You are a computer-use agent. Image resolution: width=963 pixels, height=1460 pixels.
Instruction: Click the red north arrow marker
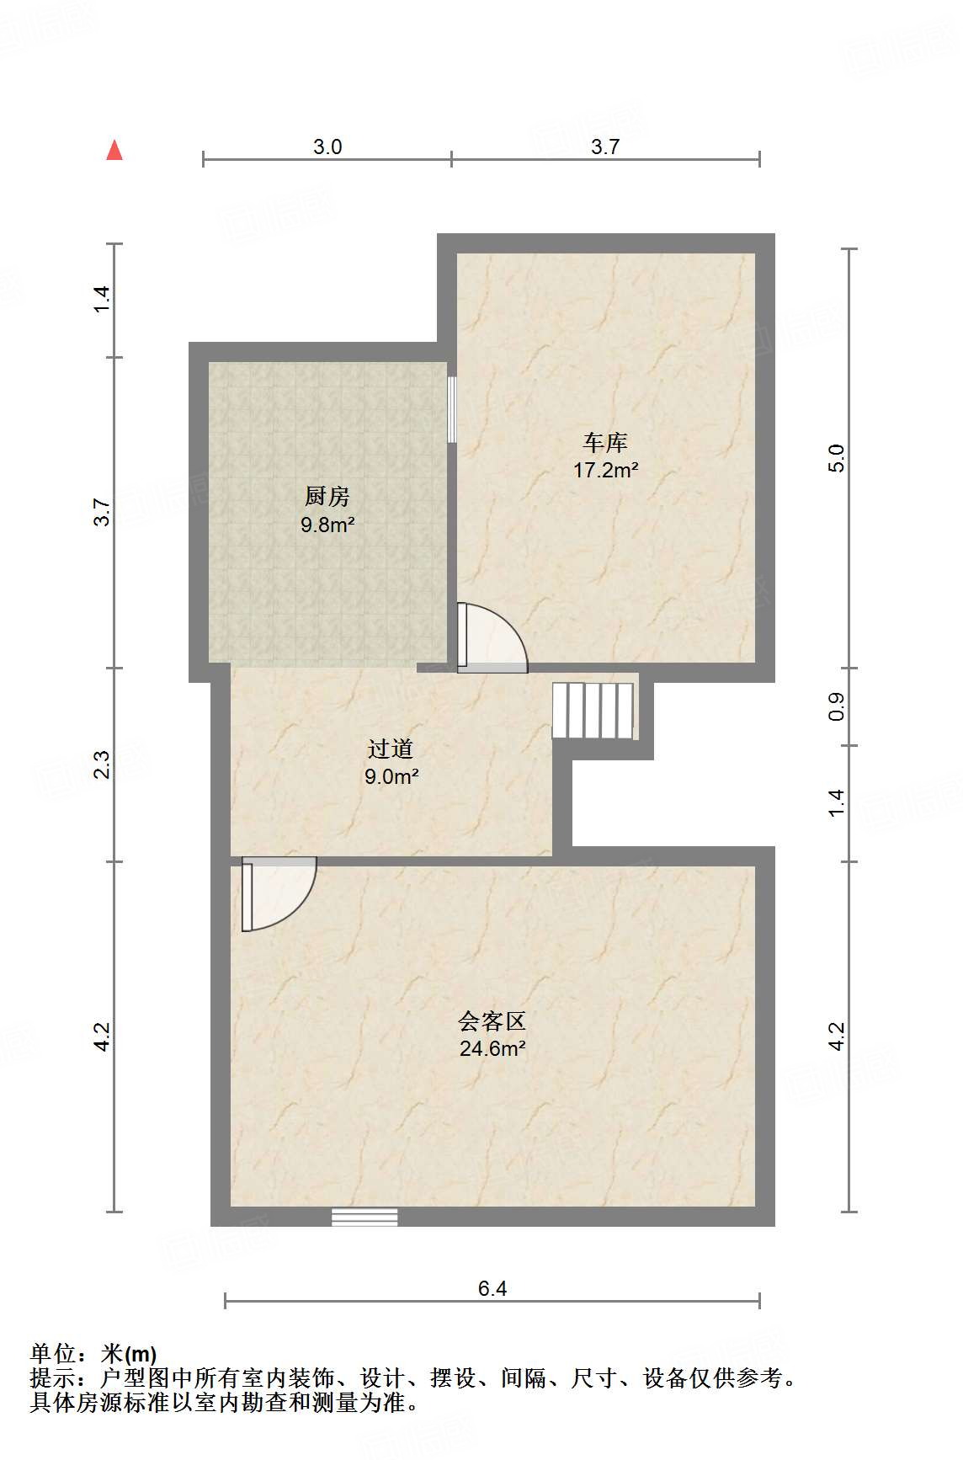click(114, 151)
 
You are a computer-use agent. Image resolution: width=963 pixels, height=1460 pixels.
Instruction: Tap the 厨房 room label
click(327, 497)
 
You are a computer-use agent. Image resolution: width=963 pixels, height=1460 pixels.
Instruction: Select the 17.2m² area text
click(605, 471)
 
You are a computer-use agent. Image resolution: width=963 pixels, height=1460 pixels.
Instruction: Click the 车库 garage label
click(606, 442)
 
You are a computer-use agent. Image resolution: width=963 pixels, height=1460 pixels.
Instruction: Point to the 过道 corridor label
click(391, 749)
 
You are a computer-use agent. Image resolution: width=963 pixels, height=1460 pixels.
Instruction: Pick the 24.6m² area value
click(492, 1049)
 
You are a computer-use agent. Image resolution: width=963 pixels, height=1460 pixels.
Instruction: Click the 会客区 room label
click(492, 1021)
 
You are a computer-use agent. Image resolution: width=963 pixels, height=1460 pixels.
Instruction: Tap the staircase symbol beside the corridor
click(593, 711)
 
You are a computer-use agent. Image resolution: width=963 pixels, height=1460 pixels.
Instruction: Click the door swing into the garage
click(492, 638)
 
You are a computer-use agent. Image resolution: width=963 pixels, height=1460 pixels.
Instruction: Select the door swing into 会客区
click(278, 893)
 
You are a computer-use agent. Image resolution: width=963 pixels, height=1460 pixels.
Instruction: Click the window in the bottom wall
click(364, 1217)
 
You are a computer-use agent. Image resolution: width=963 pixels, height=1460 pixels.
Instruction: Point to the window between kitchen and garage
click(452, 408)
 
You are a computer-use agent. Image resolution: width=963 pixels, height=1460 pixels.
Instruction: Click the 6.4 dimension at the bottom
click(492, 1288)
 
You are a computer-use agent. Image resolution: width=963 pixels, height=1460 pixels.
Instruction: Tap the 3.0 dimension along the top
click(327, 147)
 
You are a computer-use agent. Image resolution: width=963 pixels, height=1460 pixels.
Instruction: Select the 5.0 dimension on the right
click(836, 458)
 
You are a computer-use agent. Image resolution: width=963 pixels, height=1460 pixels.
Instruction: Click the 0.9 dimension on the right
click(836, 707)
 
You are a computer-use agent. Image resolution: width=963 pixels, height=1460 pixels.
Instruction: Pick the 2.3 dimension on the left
click(102, 765)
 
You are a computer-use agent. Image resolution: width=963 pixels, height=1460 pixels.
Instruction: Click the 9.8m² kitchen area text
click(327, 525)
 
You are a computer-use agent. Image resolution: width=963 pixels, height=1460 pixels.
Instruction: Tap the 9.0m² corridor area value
click(391, 777)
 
